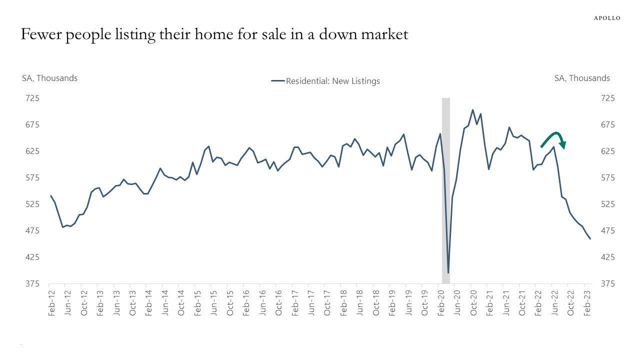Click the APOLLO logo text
pos(607,18)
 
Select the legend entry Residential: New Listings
pos(325,81)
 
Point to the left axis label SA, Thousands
pos(49,78)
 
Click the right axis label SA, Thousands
pos(582,78)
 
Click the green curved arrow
pos(554,138)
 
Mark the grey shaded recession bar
pos(446,190)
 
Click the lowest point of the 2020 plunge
pos(448,272)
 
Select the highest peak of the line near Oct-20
pos(472,110)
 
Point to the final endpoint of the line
pos(590,239)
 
